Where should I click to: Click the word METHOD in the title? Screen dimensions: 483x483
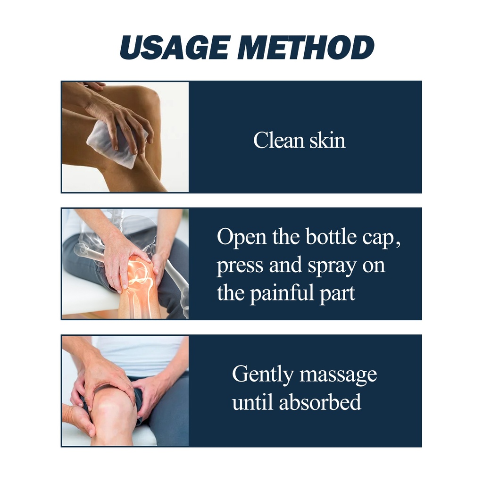306,47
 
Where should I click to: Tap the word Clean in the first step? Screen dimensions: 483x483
279,141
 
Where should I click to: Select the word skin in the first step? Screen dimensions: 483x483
327,141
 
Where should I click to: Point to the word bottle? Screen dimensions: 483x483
331,237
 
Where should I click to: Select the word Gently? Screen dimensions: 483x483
263,375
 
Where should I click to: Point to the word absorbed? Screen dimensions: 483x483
320,402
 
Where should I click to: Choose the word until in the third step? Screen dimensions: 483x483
253,402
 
